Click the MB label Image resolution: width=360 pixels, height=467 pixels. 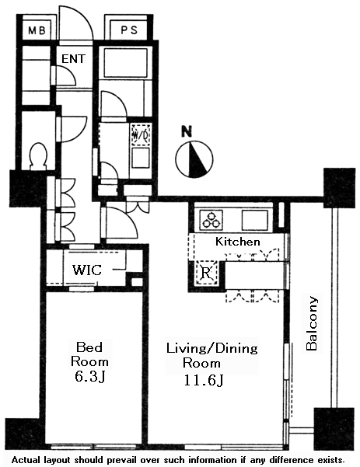[x=37, y=30]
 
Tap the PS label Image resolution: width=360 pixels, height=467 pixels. [x=129, y=30]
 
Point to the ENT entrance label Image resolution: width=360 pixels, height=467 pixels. [x=73, y=59]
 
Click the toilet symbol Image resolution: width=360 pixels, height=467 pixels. [x=38, y=156]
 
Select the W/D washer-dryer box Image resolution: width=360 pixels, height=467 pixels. [x=141, y=135]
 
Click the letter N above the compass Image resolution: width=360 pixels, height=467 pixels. [x=187, y=131]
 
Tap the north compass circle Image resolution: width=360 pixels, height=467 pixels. [x=194, y=159]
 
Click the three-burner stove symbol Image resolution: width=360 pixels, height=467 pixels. [x=211, y=220]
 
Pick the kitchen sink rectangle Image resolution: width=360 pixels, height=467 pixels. [x=255, y=220]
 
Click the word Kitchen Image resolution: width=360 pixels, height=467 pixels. [x=237, y=241]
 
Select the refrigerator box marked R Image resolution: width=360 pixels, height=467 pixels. [x=206, y=273]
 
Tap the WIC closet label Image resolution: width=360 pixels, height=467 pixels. [x=87, y=270]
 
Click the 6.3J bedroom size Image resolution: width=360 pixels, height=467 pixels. [x=89, y=377]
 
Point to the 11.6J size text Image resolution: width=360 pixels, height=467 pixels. [x=204, y=380]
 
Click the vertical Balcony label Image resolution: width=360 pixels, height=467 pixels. [x=312, y=323]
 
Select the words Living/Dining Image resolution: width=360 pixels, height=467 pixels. [x=212, y=348]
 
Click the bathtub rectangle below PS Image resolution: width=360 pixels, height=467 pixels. [x=125, y=63]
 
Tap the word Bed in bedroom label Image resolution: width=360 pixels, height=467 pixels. [x=89, y=347]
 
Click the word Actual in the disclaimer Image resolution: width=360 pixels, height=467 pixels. [x=26, y=459]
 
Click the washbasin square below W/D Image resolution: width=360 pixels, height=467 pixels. [x=141, y=158]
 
